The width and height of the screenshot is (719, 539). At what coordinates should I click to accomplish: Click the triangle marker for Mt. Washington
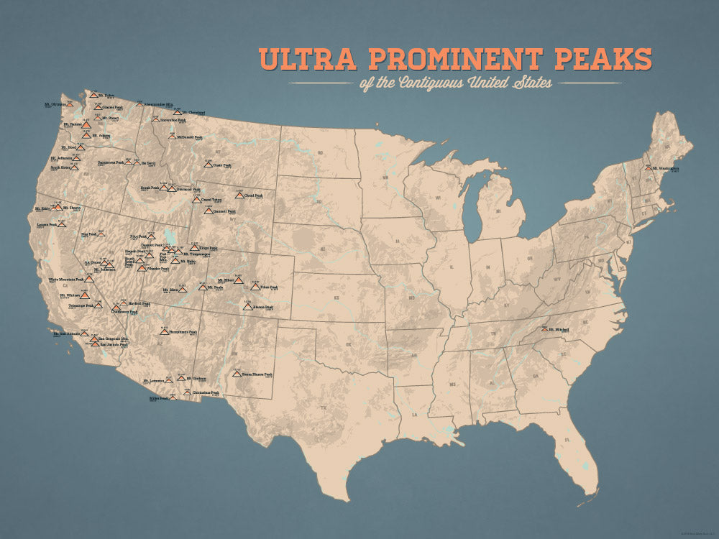pyautogui.click(x=649, y=167)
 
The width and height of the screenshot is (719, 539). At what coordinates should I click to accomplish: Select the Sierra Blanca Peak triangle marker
pyautogui.click(x=237, y=374)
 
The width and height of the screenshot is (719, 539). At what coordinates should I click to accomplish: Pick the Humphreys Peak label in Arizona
pyautogui.click(x=183, y=332)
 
